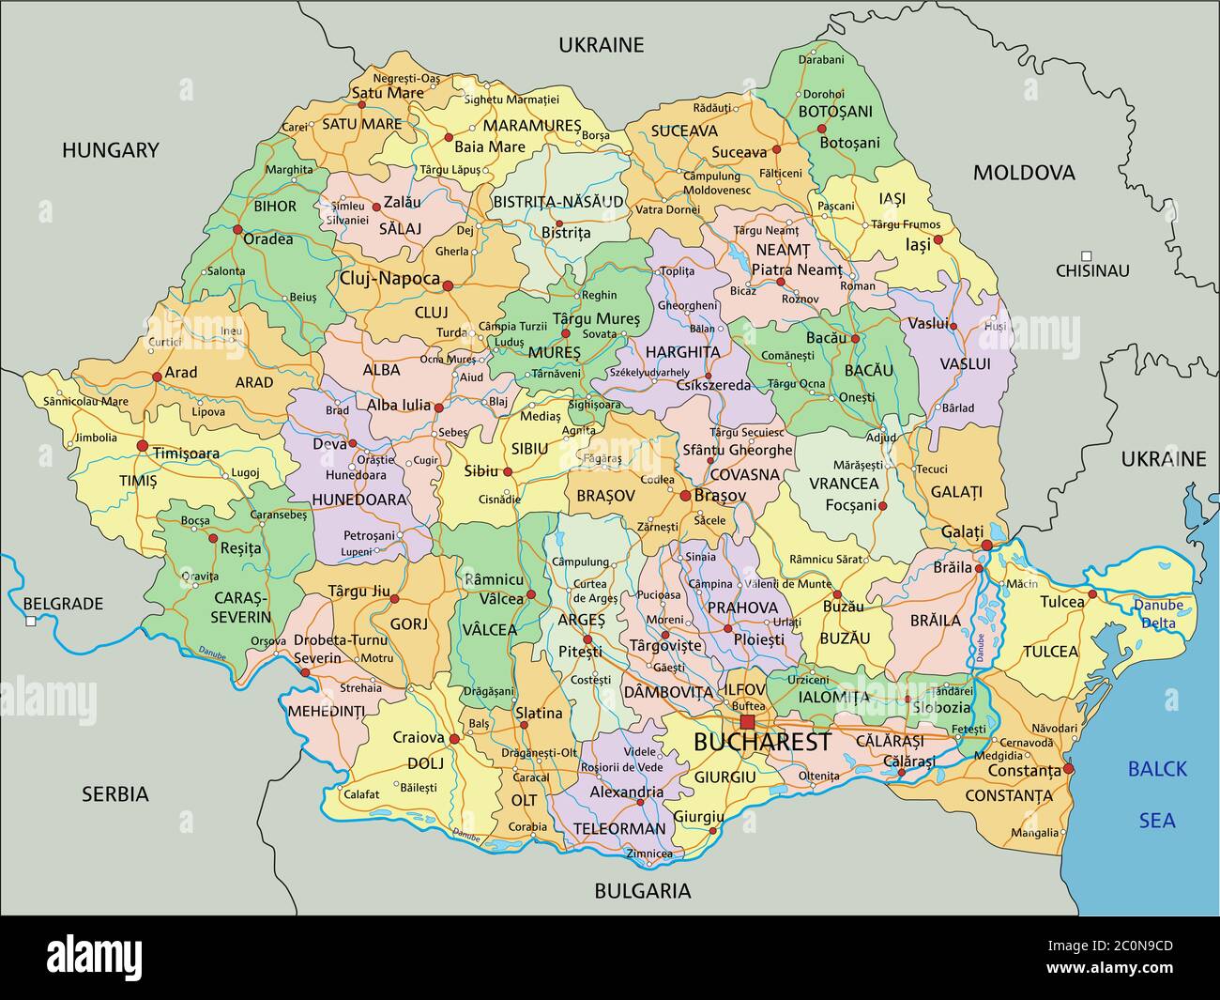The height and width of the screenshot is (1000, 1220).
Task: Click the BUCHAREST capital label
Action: pos(762,742)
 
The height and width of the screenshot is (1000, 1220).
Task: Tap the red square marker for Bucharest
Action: pos(747,721)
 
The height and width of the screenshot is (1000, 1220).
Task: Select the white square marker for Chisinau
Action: pos(1086,255)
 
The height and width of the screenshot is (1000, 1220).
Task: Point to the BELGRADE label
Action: pos(63,604)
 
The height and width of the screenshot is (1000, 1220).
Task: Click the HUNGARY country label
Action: pos(111,149)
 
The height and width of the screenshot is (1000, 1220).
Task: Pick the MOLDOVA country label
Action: pos(1024,172)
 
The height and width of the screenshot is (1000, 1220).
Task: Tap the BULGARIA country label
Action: pos(643,891)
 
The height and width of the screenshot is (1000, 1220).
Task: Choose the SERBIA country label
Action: pos(114,794)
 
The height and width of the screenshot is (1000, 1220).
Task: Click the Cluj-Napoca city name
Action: pos(389,279)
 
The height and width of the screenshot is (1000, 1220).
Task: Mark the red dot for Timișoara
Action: pos(143,445)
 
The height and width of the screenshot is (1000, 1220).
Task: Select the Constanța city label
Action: pos(1024,771)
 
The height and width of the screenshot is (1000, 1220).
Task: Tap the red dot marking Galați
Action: pos(986,546)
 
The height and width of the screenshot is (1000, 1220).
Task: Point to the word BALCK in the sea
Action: pos(1157,769)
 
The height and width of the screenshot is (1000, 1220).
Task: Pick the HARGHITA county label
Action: pos(682,352)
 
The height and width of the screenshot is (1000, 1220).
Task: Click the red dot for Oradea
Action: pos(237,229)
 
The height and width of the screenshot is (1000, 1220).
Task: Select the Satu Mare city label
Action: pos(388,93)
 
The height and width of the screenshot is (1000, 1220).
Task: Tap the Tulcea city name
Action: pos(1062,601)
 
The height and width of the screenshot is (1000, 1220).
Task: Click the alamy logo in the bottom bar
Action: pos(95,957)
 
